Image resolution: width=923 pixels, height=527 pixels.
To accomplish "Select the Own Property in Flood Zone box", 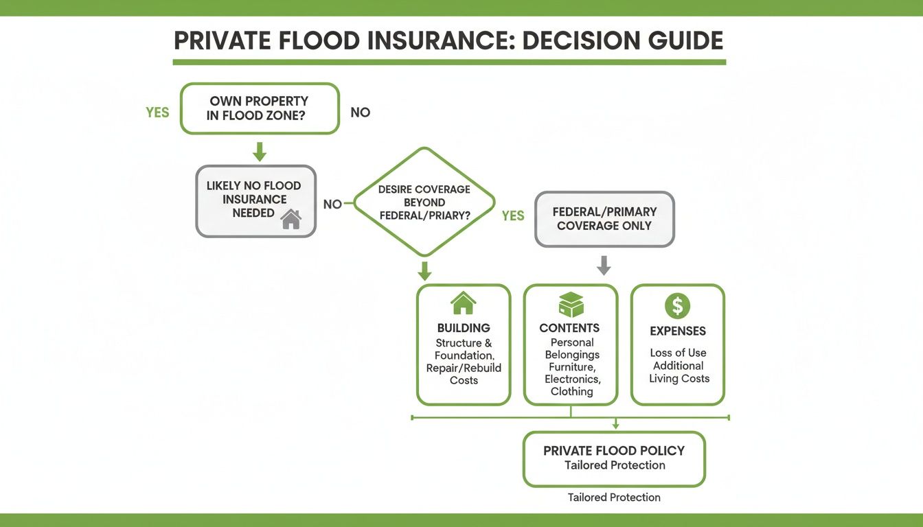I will [x=260, y=108].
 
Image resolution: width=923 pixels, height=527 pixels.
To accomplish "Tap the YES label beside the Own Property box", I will [x=157, y=113].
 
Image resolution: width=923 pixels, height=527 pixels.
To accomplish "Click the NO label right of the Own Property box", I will [x=360, y=113].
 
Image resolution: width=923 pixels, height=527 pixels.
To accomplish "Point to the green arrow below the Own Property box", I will [x=259, y=151].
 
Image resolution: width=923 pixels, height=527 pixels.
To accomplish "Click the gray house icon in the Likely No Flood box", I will [x=291, y=219].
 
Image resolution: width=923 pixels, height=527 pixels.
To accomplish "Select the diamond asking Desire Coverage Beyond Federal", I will [x=424, y=202].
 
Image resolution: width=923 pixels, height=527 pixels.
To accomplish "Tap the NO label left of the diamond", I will [x=332, y=204].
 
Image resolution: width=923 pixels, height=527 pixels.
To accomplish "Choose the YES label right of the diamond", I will [x=513, y=216].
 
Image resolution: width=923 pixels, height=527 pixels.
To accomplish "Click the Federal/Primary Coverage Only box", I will [x=604, y=219].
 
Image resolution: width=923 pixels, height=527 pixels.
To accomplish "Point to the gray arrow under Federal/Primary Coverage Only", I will [x=604, y=266].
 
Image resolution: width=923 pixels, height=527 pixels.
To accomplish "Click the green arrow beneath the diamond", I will [x=424, y=270].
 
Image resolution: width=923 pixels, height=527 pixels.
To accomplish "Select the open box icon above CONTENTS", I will [x=570, y=304].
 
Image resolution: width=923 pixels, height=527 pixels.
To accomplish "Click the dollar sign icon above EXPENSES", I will [x=678, y=306].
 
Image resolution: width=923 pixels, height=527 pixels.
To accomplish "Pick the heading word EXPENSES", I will [x=678, y=331].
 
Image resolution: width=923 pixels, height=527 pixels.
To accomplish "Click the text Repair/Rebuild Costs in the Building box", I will [x=464, y=374].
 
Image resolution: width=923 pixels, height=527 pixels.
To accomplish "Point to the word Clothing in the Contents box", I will [x=571, y=392].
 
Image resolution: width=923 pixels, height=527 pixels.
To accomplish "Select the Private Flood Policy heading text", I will [x=614, y=451].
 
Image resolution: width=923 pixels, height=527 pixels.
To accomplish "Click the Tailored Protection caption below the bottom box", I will [x=614, y=497].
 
